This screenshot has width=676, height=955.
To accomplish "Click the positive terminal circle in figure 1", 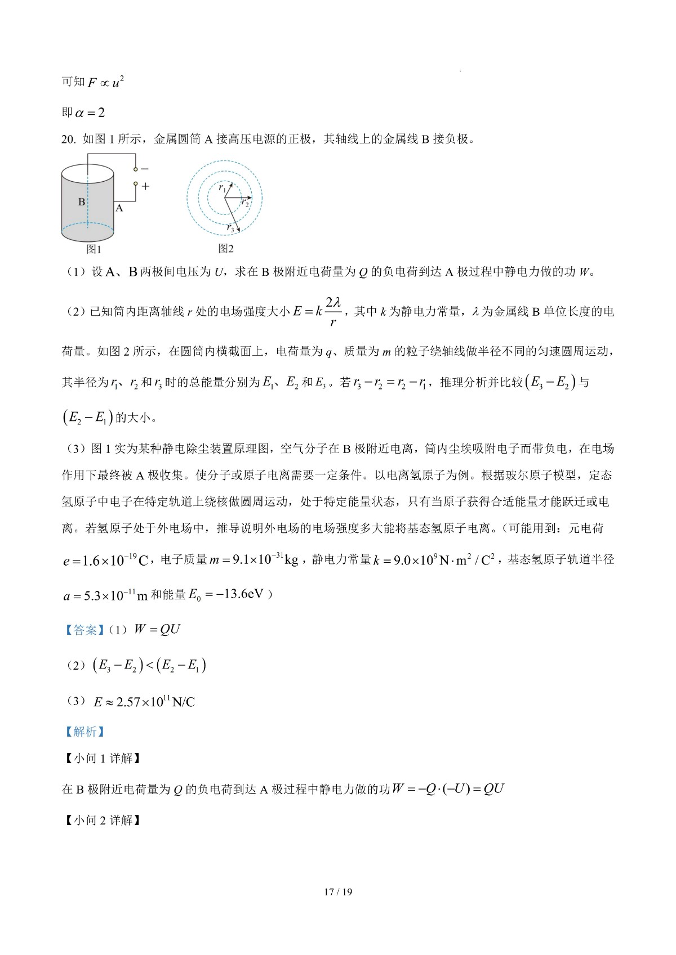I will [x=135, y=184].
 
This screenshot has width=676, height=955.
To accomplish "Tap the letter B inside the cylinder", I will [x=82, y=202].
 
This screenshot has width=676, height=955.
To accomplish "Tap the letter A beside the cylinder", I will [x=119, y=208].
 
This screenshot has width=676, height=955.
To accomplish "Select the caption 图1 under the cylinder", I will [x=94, y=249].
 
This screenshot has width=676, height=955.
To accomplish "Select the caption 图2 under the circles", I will [x=226, y=248].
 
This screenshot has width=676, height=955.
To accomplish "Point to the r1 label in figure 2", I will [x=223, y=188].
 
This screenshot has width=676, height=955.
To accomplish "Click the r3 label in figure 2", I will [x=230, y=227].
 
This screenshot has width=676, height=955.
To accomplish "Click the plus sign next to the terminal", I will [x=146, y=186].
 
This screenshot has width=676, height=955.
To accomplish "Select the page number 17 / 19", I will [x=338, y=892].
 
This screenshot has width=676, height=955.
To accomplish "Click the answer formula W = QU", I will [x=157, y=630].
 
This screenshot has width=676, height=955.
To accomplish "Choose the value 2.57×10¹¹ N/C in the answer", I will [x=155, y=702].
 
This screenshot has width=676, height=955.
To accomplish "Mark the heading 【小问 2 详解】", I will [x=101, y=821].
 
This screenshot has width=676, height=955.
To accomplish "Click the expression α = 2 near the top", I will [x=90, y=113].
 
